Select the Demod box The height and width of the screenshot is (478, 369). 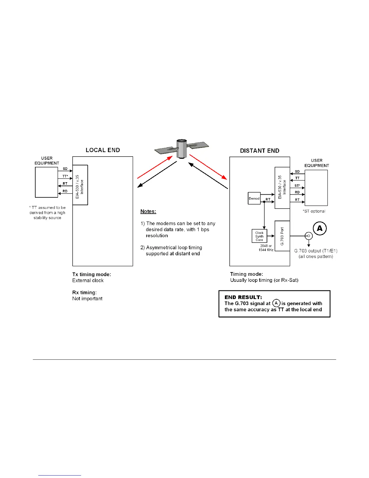254,199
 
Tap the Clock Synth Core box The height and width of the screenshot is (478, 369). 259,236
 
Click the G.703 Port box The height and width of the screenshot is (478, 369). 282,236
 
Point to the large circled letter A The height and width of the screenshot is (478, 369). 320,228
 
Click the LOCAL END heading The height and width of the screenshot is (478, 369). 103,150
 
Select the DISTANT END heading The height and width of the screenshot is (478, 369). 260,151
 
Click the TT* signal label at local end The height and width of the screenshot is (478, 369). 65,176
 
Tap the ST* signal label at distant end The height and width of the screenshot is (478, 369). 297,186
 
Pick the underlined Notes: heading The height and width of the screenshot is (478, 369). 148,212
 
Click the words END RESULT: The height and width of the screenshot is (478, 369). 243,297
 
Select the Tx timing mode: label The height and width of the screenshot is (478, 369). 92,274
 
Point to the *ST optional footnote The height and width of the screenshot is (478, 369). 314,211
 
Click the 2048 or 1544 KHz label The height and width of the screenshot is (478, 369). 266,248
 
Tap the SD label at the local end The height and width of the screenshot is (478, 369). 65,169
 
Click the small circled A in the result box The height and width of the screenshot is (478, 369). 276,303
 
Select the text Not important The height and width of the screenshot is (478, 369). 87,298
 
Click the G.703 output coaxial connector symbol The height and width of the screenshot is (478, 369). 308,236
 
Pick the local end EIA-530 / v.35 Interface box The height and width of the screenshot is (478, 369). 80,185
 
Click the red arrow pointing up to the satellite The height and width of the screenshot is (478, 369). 155,167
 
